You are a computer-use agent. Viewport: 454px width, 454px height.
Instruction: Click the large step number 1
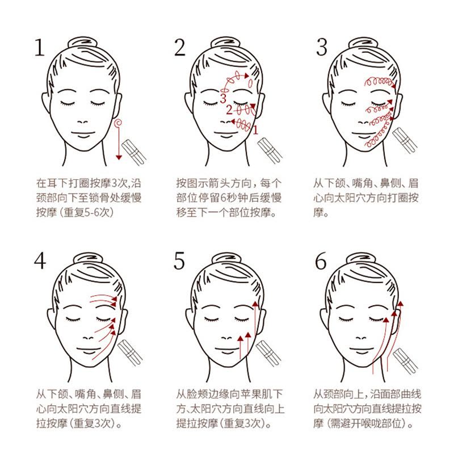click(40, 47)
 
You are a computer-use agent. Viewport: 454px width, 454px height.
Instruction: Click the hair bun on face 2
click(225, 43)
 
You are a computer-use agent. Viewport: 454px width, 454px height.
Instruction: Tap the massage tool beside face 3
click(405, 140)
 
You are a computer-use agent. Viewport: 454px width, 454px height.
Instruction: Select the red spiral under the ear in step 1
click(118, 123)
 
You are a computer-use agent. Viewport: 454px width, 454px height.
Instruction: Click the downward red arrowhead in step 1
click(119, 157)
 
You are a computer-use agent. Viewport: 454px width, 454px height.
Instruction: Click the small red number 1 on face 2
click(255, 131)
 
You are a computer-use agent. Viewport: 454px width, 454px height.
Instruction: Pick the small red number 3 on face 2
click(223, 98)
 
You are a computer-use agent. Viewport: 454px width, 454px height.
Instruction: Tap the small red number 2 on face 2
click(229, 110)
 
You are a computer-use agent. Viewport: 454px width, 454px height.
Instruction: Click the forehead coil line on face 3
click(380, 82)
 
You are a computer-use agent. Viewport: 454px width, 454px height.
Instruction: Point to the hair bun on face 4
click(88, 259)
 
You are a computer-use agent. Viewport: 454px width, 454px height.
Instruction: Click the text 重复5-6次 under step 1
click(87, 212)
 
